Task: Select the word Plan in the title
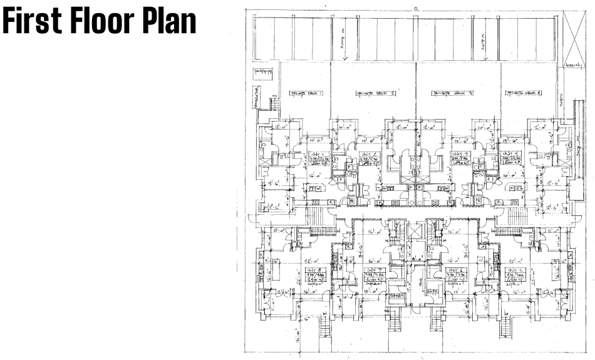click(x=170, y=23)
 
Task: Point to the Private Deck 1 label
click(x=306, y=94)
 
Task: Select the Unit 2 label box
click(x=369, y=159)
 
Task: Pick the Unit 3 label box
click(x=460, y=159)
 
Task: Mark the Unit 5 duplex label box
click(x=517, y=275)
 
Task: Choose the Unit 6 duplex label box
click(x=455, y=275)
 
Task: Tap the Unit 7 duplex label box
click(x=374, y=275)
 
